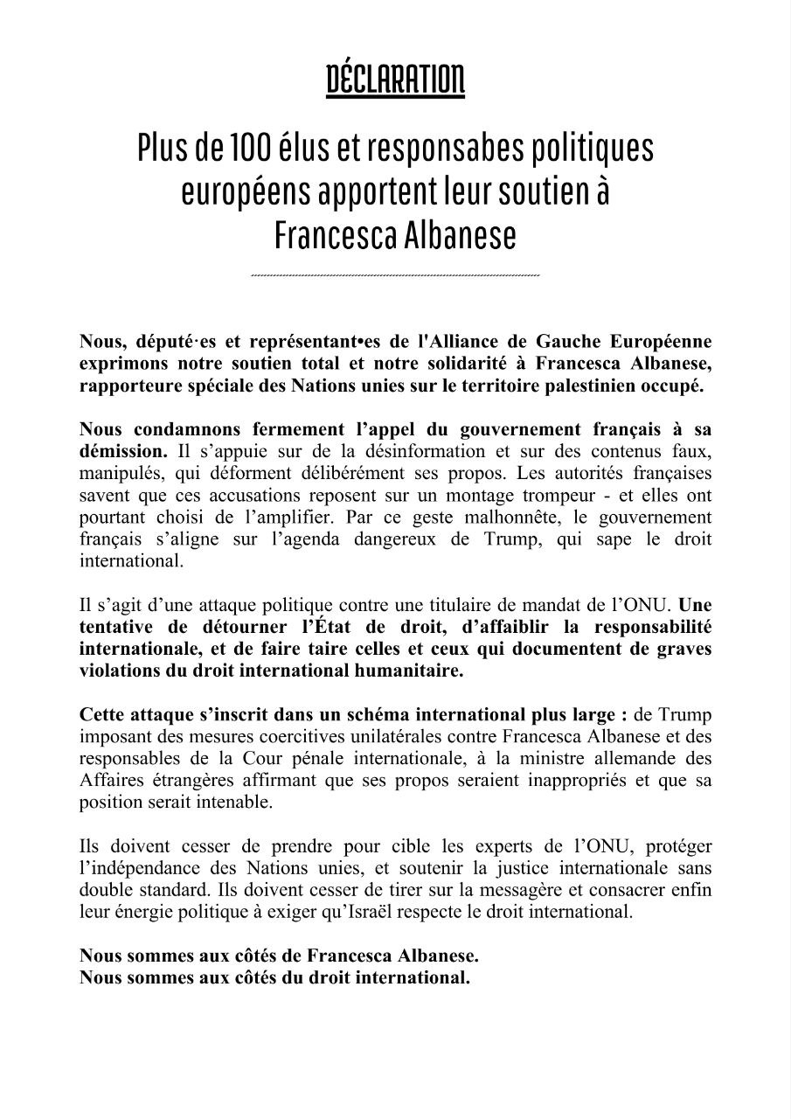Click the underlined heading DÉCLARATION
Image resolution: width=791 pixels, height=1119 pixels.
point(395,81)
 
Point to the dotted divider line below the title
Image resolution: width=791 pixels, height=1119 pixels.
point(395,275)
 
